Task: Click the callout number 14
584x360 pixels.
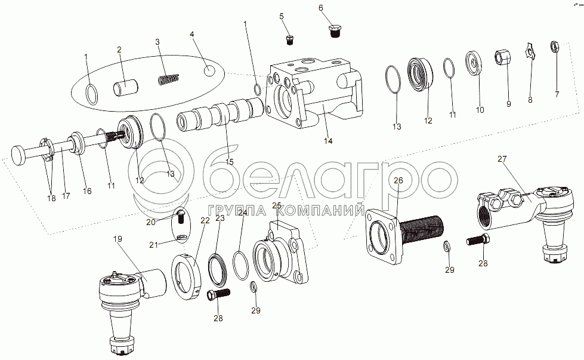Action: coord(327,141)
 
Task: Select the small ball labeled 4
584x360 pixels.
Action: coord(210,70)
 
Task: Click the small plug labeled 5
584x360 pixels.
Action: coord(290,40)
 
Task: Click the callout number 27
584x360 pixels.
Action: coord(502,159)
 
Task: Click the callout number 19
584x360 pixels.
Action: coord(118,239)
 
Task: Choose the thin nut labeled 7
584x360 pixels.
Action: coord(555,46)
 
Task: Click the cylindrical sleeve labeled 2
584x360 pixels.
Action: coord(126,88)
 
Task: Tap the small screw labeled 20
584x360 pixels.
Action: coord(180,216)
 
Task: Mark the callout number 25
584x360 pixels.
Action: coord(277,206)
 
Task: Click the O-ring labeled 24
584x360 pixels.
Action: coord(241,266)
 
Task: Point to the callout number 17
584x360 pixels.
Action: coord(66,195)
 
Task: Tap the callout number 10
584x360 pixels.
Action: coord(480,110)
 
